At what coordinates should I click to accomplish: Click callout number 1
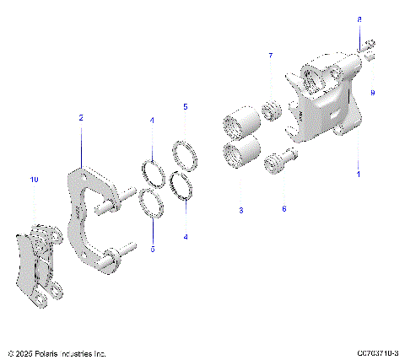coord(358,175)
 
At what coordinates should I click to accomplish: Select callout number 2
coord(81,119)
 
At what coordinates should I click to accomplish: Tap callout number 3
coord(240,209)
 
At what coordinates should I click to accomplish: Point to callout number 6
coord(283,208)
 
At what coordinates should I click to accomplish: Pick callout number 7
coord(271,56)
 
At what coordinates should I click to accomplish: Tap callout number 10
coord(34,180)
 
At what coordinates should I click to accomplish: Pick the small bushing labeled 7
coord(272,110)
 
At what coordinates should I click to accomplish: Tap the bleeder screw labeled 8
coord(369,51)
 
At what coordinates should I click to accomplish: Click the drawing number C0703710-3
coord(377,352)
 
